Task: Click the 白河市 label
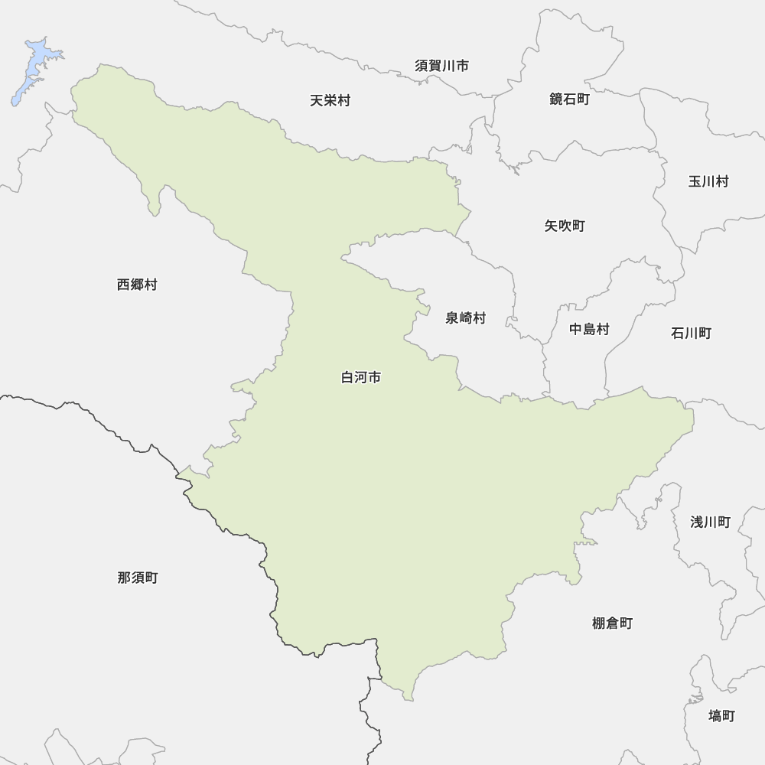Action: tap(360, 378)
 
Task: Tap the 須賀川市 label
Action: tap(441, 66)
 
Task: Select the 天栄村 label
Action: tap(330, 100)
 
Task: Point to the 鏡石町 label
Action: tap(569, 99)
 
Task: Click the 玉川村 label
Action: tap(708, 181)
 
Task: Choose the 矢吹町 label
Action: tap(565, 226)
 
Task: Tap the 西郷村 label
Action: tap(137, 285)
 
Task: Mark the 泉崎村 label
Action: tap(465, 318)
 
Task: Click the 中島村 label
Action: tap(589, 330)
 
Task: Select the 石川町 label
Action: tap(691, 333)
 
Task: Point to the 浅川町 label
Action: tap(710, 522)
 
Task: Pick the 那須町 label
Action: tap(138, 578)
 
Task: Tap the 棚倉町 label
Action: tap(612, 623)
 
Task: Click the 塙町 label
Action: tap(721, 715)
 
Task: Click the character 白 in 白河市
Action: tap(347, 378)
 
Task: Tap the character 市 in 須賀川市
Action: tap(462, 66)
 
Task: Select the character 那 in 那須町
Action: tap(124, 578)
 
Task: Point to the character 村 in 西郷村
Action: tap(151, 285)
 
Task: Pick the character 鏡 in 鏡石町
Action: tap(556, 99)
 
